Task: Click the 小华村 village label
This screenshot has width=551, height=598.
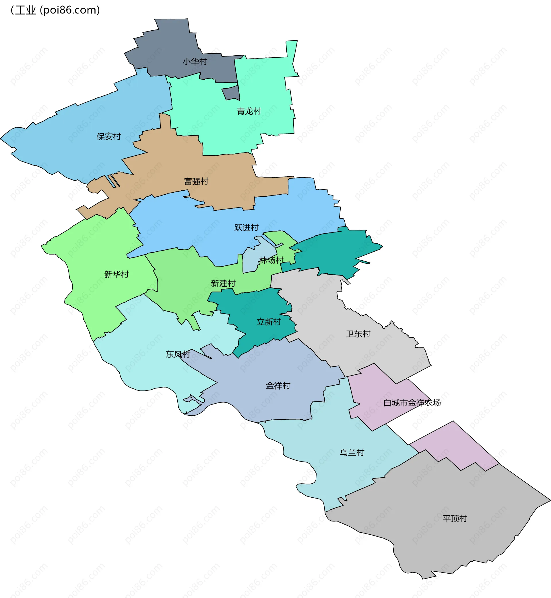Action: (x=195, y=62)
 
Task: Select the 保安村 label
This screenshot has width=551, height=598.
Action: (x=109, y=136)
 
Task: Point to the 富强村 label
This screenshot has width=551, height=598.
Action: (x=196, y=181)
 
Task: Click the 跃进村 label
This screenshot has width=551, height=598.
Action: (x=246, y=228)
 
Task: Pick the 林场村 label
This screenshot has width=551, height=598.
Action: (x=271, y=260)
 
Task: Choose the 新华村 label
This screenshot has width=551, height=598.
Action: (x=117, y=274)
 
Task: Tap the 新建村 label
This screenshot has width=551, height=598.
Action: (x=223, y=283)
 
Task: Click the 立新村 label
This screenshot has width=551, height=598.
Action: (x=269, y=322)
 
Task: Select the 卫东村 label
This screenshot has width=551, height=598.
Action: (x=358, y=334)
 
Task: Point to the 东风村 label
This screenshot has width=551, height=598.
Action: (x=178, y=354)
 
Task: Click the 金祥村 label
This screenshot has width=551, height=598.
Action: (x=278, y=386)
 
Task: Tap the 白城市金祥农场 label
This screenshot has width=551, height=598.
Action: (x=412, y=403)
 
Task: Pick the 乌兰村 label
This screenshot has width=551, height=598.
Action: (x=352, y=453)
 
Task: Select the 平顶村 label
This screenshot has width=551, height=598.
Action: (x=455, y=519)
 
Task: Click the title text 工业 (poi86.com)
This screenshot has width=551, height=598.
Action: (x=55, y=10)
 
